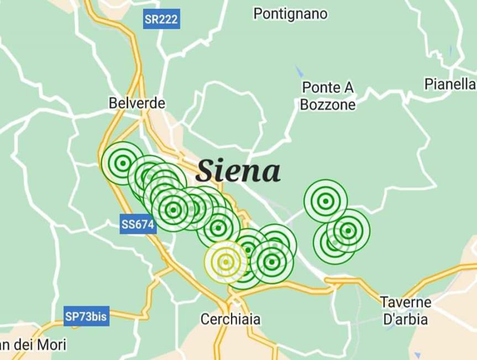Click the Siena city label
238,171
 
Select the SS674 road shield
138,225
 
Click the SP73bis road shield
85,316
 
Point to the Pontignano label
290,14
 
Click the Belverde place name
137,103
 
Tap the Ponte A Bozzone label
328,96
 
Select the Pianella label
450,84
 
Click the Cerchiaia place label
230,319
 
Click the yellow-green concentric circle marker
226,262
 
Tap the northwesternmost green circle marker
122,163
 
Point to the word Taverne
406,302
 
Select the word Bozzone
328,105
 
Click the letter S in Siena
205,171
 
